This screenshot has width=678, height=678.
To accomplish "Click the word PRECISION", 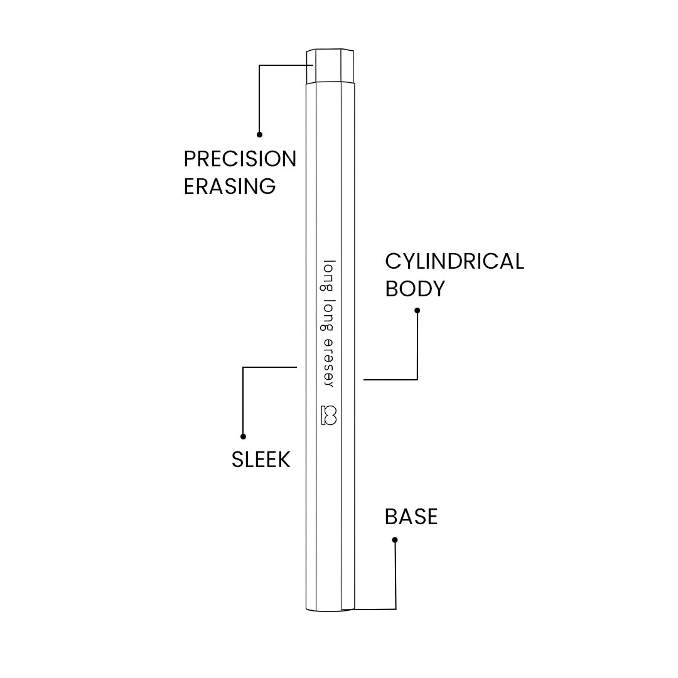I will pos(240,159).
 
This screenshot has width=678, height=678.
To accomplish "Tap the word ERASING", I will pos(230,186).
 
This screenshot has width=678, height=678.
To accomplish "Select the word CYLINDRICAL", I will pos(455,261).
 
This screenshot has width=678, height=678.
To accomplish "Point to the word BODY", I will pos(415,289).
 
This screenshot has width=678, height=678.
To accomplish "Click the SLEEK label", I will pos(261,460).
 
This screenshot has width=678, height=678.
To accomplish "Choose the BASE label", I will pos(411,517).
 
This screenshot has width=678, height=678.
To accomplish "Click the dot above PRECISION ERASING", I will pos(260,134).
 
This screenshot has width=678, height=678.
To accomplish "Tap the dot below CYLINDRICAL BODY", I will pos(417,310).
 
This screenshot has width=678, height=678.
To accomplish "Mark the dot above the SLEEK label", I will pos(244,436).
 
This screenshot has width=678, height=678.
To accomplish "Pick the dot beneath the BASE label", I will pos(395,540).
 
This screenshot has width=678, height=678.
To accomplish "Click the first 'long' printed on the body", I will pos(329,274).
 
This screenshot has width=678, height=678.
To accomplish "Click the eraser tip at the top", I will pos(331,66).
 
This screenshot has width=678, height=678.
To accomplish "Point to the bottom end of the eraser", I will pos(331,606).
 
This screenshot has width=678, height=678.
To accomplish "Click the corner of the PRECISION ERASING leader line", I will pos(260,65).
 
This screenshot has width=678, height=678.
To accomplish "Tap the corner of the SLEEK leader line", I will pos(244,367).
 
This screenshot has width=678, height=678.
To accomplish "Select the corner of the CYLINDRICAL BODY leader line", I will pos(417,379).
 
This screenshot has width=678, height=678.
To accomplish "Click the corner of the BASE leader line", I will pos(395,608).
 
